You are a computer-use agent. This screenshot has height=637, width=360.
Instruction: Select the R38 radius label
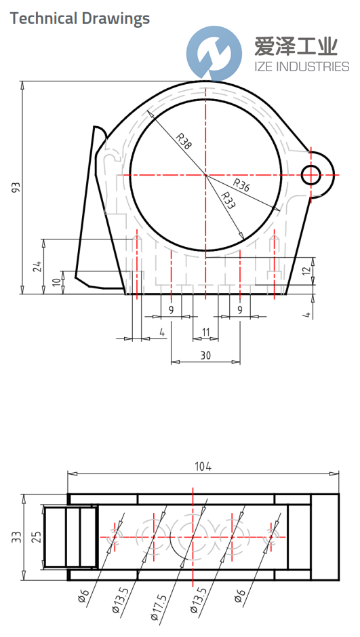click(x=183, y=141)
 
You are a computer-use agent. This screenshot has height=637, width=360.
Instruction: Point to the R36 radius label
click(x=241, y=185)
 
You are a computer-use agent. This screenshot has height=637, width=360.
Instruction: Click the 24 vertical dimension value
click(x=37, y=266)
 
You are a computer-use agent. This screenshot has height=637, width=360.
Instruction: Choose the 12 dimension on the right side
click(x=306, y=269)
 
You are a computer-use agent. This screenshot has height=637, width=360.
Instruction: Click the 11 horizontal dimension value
click(x=205, y=332)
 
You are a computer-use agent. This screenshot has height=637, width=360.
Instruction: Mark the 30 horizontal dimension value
click(x=205, y=354)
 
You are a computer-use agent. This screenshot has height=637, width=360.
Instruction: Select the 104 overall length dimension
click(x=203, y=466)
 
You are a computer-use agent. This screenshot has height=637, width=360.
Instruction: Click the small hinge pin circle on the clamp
click(x=311, y=174)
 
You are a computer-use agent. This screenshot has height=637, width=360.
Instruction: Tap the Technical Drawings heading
click(x=80, y=18)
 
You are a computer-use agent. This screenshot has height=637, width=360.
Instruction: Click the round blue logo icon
click(x=214, y=53)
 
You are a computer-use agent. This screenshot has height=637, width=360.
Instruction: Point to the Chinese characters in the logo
click(x=296, y=46)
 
